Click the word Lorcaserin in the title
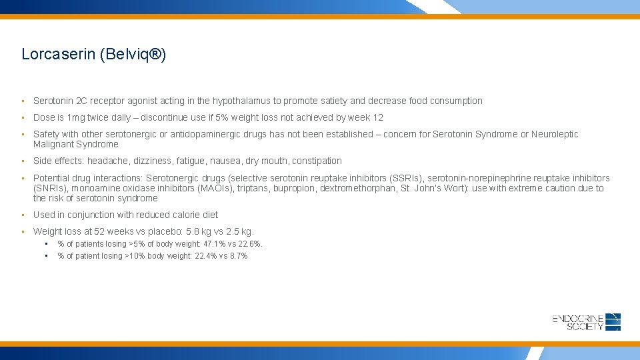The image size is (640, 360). pyautogui.click(x=58, y=55)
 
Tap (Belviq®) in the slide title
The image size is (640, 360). pyautogui.click(x=132, y=55)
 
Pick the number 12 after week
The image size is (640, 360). pyautogui.click(x=378, y=117)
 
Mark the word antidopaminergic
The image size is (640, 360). pyautogui.click(x=207, y=135)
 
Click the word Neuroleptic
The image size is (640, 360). pyautogui.click(x=554, y=135)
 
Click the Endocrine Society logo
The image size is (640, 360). pyautogui.click(x=586, y=321)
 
